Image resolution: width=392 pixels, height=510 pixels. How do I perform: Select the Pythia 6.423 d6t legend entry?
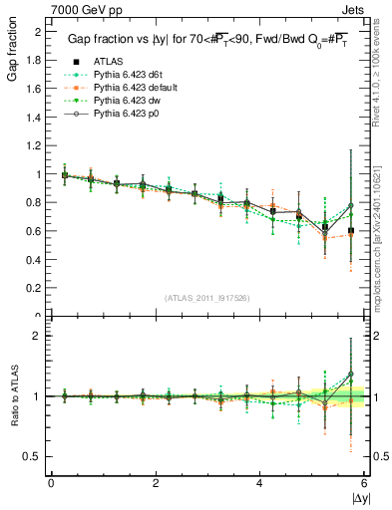(132, 76)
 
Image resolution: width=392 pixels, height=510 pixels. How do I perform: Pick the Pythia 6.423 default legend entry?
(139, 89)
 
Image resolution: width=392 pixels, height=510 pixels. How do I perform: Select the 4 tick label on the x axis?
(259, 482)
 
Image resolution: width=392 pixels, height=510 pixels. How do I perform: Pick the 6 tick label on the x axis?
(364, 482)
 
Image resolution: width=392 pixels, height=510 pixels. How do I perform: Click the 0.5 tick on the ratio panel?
(36, 456)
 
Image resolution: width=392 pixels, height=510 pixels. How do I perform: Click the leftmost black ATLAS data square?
(66, 175)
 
